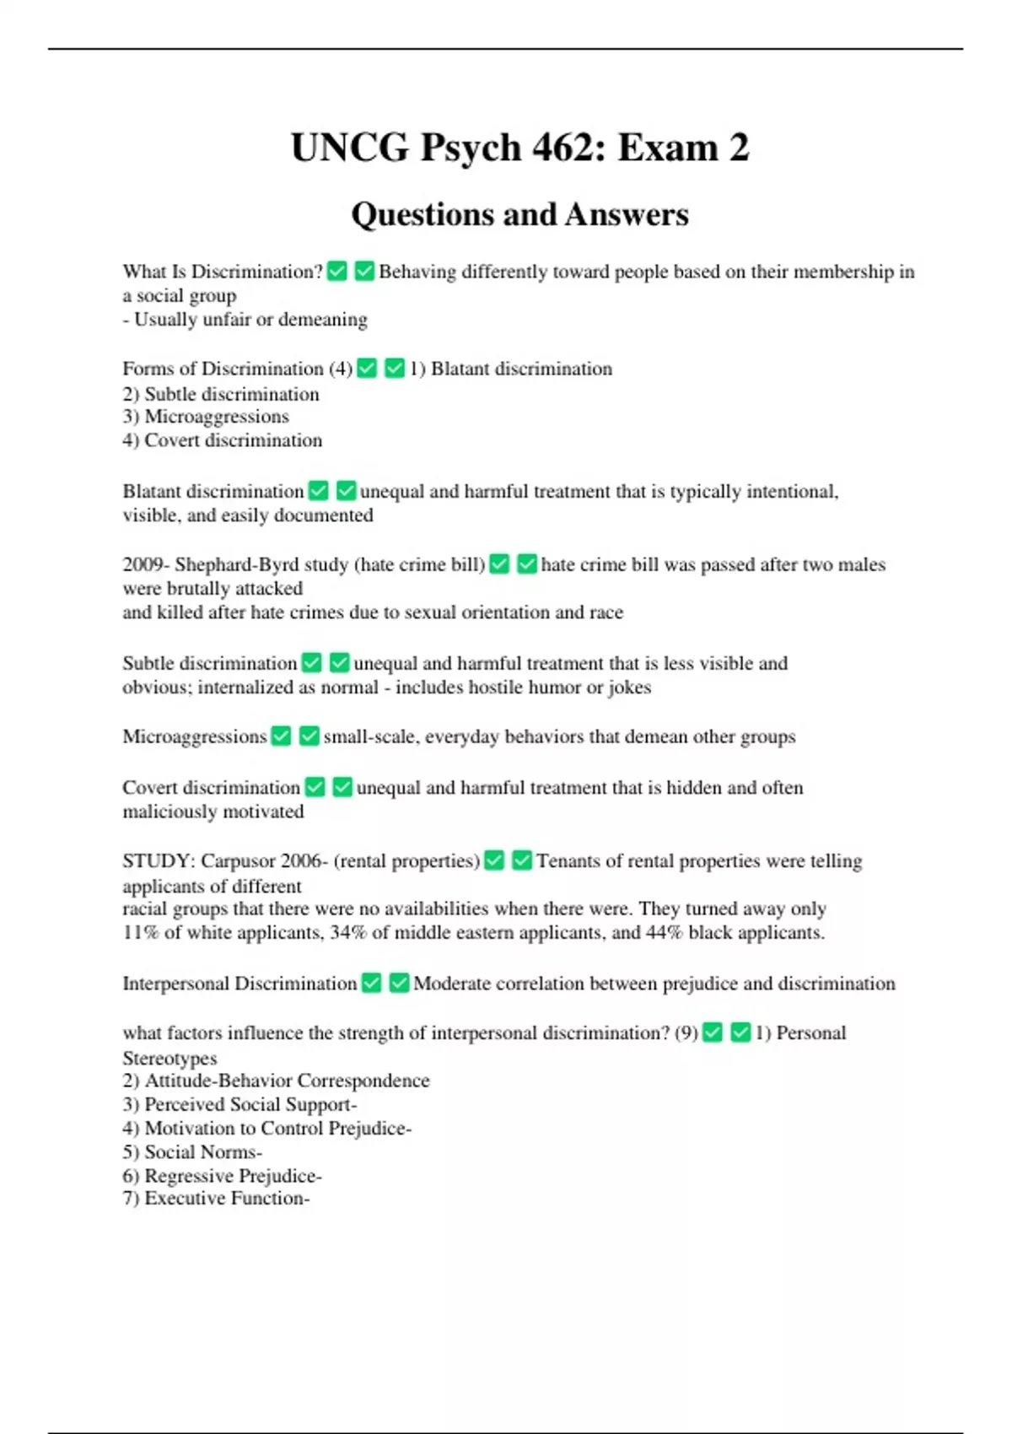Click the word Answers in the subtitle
pyautogui.click(x=627, y=215)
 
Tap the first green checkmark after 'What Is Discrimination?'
pyautogui.click(x=337, y=272)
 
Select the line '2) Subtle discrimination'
pyautogui.click(x=221, y=394)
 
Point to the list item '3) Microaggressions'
pyautogui.click(x=206, y=417)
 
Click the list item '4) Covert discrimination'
pyautogui.click(x=222, y=440)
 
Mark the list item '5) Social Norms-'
pyautogui.click(x=192, y=1152)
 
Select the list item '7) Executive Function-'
pyautogui.click(x=216, y=1199)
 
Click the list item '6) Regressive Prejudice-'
pyautogui.click(x=222, y=1176)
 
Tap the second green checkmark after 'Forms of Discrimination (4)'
pyautogui.click(x=395, y=369)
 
